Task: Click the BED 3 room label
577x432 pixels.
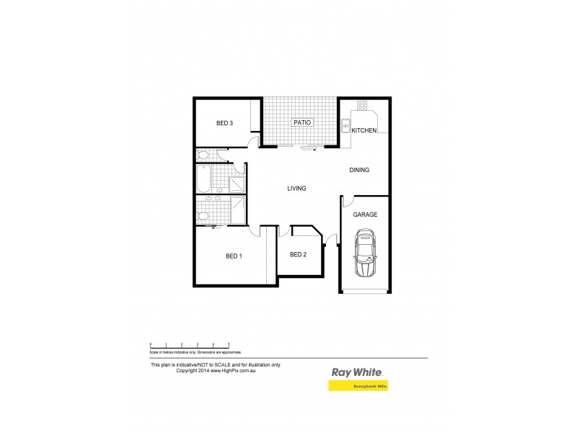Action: point(224,123)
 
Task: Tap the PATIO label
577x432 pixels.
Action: point(301,123)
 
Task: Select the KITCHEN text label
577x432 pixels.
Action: point(364,130)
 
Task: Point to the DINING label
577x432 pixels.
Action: point(359,171)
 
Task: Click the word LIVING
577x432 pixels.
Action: point(296,189)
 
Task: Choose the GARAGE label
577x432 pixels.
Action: point(365,215)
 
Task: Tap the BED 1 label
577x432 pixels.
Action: point(234,256)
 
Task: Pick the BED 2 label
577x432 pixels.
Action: point(299,254)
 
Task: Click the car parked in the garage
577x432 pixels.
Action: point(366,253)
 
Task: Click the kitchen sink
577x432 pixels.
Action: point(346,122)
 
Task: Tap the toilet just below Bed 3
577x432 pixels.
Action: point(203,154)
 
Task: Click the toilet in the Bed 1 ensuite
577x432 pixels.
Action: point(203,216)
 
